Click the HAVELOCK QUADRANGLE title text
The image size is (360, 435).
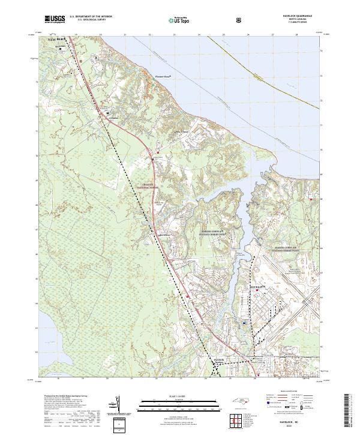pyautogui.click(x=296, y=16)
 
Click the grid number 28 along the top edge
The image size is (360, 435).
pyautogui.click(x=296, y=35)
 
